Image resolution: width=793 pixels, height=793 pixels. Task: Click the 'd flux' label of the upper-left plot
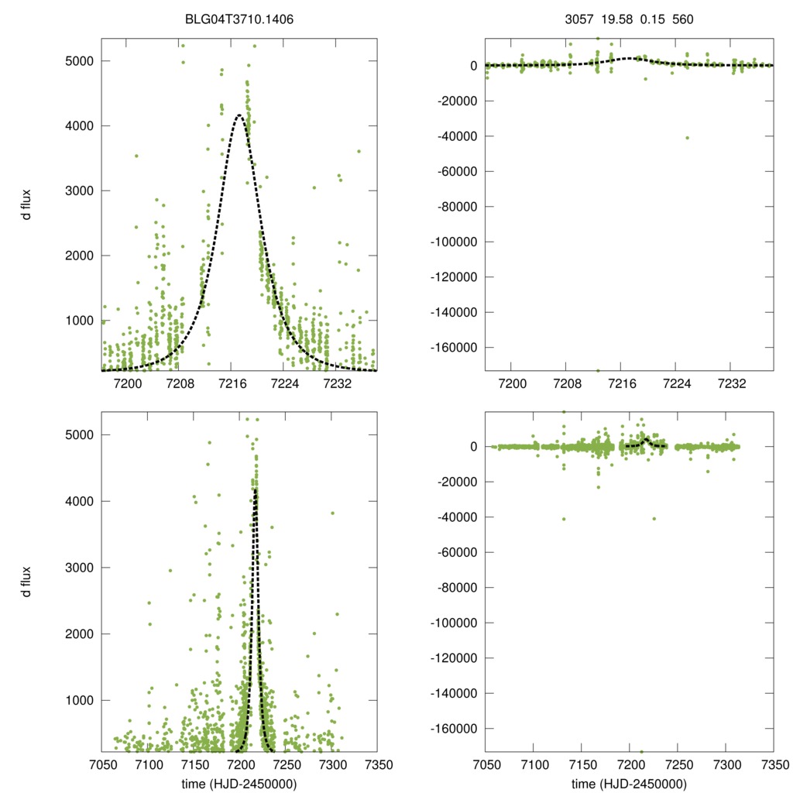click(27, 204)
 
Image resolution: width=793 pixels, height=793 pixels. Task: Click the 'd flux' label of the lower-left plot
click(27, 582)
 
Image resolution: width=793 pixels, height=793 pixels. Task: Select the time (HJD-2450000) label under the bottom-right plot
click(630, 784)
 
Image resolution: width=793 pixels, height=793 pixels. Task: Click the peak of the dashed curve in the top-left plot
click(239, 115)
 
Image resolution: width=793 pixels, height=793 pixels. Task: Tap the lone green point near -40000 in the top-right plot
click(687, 138)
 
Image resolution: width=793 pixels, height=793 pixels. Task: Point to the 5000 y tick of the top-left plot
click(81, 60)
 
